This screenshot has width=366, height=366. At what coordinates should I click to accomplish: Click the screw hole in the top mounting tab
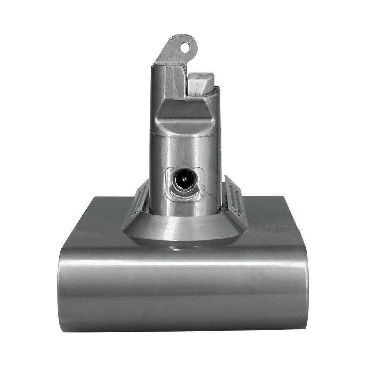186,46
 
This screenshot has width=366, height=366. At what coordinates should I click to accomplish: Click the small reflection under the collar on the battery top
179,249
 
